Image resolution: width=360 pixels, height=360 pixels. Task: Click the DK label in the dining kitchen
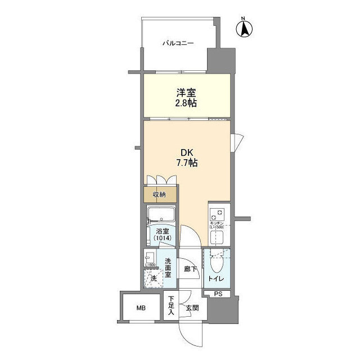[187, 152]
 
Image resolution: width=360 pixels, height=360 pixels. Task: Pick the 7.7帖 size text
[187, 163]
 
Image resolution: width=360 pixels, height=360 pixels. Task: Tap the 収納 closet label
[159, 195]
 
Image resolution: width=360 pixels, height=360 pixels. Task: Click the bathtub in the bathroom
[161, 215]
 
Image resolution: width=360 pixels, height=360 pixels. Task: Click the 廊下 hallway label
[191, 269]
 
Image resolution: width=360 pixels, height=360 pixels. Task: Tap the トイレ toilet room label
[215, 278]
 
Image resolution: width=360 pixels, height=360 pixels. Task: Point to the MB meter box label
[140, 308]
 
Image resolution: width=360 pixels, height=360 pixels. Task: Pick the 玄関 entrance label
[192, 308]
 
